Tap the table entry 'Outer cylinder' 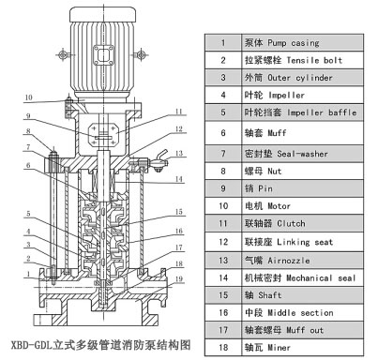click(x=294, y=78)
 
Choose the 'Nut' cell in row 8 click(x=272, y=166)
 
